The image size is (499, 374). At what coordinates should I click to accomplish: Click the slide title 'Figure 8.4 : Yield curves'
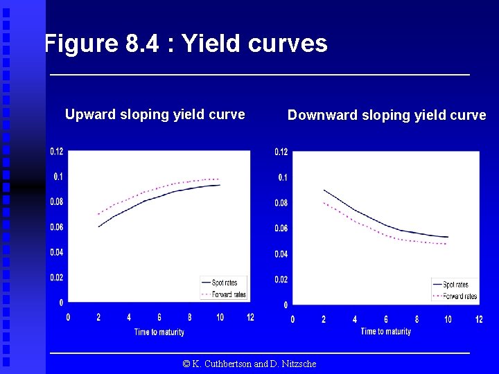pos(186,44)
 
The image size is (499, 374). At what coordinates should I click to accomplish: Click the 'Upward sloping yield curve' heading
pos(155,114)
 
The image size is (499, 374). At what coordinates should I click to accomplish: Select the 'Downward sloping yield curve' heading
pos(387,115)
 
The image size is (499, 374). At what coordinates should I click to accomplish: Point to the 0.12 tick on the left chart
pos(56,152)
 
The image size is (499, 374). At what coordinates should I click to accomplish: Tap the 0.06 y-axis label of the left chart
pos(56,227)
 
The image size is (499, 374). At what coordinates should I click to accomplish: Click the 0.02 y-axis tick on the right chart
pos(281,279)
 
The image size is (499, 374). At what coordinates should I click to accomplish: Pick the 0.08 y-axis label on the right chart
pos(281,203)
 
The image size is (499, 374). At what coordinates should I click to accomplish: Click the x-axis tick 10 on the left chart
pos(220,317)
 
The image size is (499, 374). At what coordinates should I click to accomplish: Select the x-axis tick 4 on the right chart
pos(355,319)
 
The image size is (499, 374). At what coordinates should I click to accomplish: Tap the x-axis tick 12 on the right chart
pos(479,319)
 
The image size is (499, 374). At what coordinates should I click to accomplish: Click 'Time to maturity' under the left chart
pos(159,332)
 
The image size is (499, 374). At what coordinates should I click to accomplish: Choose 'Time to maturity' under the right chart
pos(385,332)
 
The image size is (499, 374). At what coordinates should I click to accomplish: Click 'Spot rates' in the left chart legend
pos(224,283)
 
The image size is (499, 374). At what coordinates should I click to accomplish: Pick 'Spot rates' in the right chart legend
pos(455,285)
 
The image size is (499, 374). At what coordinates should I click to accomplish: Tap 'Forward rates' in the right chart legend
pos(459,296)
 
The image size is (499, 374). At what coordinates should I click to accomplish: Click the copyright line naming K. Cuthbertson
pos(249,364)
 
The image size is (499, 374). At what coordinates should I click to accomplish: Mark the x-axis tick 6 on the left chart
pos(159,317)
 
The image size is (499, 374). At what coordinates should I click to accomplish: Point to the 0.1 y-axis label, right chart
pos(283,178)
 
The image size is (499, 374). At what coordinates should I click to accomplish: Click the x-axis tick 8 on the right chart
pos(417,319)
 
